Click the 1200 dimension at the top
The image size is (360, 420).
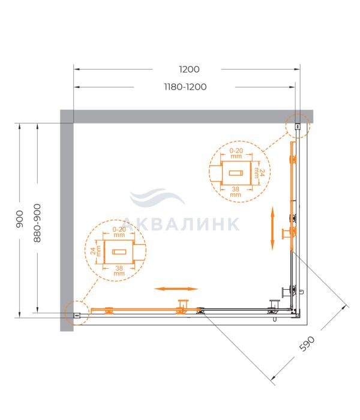click(189, 70)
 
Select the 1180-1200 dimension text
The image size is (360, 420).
click(185, 87)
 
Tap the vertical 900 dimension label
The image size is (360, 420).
click(20, 219)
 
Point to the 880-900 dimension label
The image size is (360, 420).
click(37, 223)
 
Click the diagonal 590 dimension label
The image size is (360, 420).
click(307, 343)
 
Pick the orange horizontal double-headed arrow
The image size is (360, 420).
click(176, 289)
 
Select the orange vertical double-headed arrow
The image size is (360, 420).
click(272, 228)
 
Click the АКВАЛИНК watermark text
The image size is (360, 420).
click(181, 224)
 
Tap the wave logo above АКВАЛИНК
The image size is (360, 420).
click(157, 197)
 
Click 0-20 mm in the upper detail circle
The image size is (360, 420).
click(236, 153)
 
